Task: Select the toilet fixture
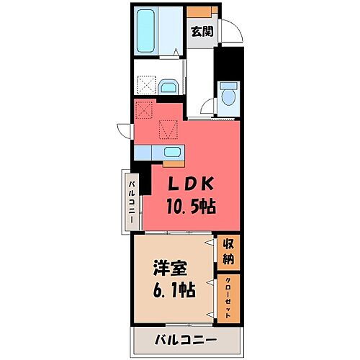click(230, 94)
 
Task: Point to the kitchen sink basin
click(172, 152)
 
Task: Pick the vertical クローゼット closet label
click(228, 296)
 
